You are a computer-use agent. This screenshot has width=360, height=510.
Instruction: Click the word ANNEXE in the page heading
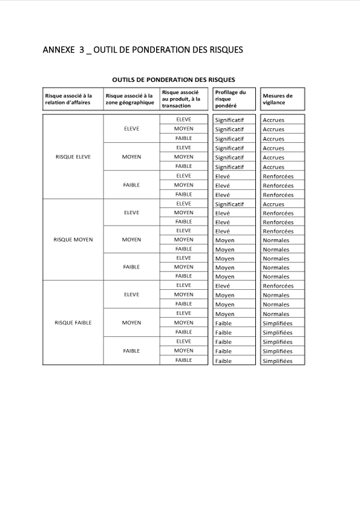click(58, 50)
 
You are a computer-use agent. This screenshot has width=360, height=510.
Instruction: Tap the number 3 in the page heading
click(81, 50)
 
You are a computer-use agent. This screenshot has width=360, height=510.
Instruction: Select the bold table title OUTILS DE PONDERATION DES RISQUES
click(174, 79)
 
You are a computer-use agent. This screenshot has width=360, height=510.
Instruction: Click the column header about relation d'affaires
click(68, 99)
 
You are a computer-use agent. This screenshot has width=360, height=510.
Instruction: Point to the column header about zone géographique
click(129, 99)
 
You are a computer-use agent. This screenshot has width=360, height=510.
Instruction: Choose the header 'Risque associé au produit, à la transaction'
click(181, 99)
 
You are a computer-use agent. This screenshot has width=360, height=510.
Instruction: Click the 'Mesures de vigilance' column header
click(278, 99)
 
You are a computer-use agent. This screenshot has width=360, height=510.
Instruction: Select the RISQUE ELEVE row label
click(73, 157)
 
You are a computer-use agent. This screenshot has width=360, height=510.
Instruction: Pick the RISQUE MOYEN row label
click(73, 240)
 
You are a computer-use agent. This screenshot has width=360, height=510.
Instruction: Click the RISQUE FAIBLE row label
click(73, 322)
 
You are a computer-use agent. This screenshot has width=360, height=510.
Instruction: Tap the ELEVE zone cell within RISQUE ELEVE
click(131, 129)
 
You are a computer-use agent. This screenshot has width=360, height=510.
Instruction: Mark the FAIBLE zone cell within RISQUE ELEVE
click(131, 185)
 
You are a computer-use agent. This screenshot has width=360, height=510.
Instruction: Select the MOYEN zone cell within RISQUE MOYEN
click(131, 240)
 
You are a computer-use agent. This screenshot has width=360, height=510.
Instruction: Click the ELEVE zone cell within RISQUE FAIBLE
click(131, 295)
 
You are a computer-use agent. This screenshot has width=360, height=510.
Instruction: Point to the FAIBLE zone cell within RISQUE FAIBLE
click(131, 350)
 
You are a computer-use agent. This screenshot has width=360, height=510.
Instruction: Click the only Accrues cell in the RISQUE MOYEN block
click(273, 204)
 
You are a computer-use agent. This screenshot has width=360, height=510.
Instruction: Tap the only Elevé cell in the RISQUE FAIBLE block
click(222, 286)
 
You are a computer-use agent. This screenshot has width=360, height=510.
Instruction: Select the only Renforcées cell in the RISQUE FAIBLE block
click(278, 286)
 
